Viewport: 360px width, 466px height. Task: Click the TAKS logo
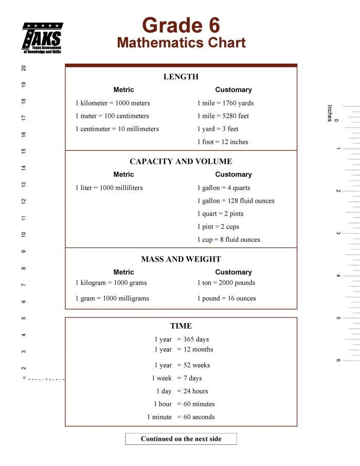(42, 38)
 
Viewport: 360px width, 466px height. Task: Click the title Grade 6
(181, 25)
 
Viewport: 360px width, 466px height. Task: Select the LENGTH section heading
(181, 77)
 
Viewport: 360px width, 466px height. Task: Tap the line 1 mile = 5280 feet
(223, 116)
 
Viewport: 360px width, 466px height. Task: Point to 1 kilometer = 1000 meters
(113, 103)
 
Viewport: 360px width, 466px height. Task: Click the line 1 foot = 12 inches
(222, 142)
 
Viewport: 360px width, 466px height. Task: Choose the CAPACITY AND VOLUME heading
(181, 162)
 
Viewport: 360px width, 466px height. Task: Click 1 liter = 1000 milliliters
(109, 188)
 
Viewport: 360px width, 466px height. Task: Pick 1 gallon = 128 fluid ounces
(236, 201)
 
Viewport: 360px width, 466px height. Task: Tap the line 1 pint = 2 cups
(218, 227)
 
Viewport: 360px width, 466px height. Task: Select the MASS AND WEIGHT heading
(181, 259)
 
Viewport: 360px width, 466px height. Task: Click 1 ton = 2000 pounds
(226, 282)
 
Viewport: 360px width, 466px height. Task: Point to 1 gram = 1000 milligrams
(112, 298)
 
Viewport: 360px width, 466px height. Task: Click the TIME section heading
(181, 326)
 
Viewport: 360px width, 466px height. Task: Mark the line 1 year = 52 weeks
(182, 365)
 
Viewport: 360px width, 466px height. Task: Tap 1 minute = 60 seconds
(181, 417)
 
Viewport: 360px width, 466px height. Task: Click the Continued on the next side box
(181, 439)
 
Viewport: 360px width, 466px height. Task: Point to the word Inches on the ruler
(330, 113)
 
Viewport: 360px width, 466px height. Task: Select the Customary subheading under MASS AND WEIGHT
(233, 272)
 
